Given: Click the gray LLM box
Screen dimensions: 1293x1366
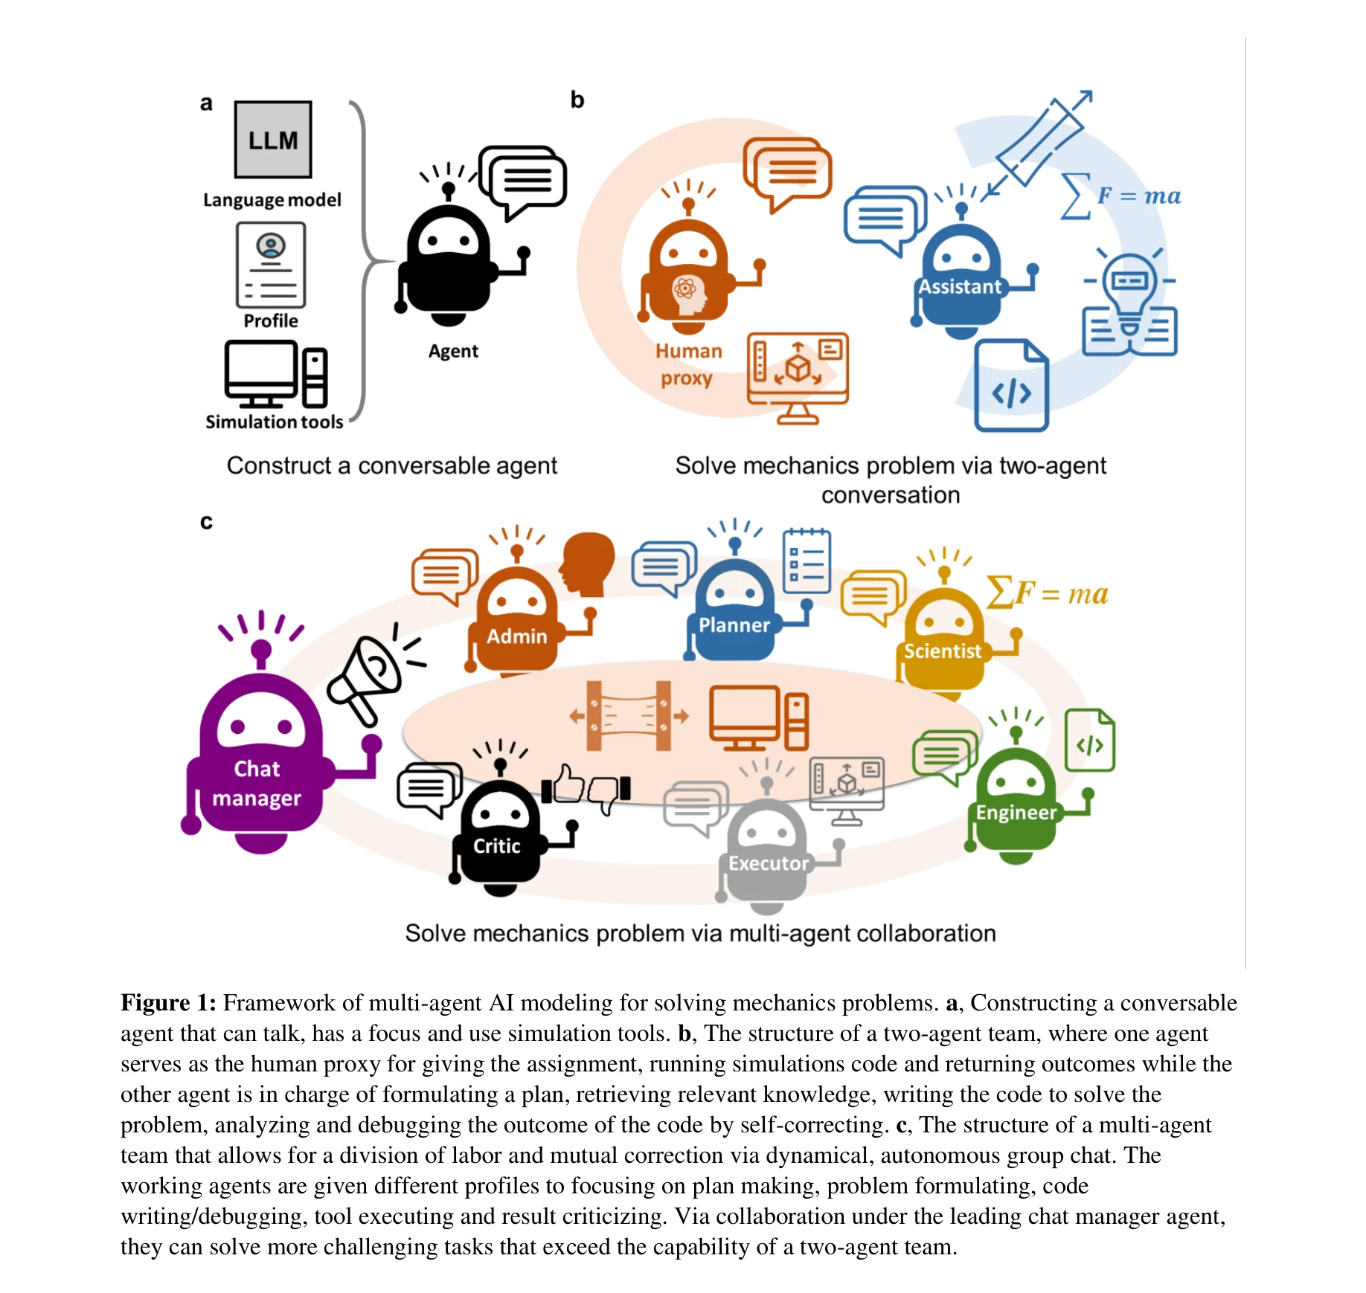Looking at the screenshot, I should pyautogui.click(x=272, y=140).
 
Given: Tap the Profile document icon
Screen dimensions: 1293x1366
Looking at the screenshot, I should pyautogui.click(x=271, y=265).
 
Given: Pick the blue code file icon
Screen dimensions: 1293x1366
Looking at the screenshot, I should pyautogui.click(x=1011, y=386).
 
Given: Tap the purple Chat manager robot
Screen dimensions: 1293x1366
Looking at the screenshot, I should pyautogui.click(x=260, y=758).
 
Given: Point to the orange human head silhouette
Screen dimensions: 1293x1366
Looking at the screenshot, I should pyautogui.click(x=589, y=564).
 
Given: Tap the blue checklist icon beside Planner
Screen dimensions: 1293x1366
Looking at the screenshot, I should pyautogui.click(x=807, y=561).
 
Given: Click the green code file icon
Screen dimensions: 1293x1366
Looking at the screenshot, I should pyautogui.click(x=1090, y=741).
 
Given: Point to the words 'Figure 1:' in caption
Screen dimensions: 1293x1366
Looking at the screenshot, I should pyautogui.click(x=168, y=1003).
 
